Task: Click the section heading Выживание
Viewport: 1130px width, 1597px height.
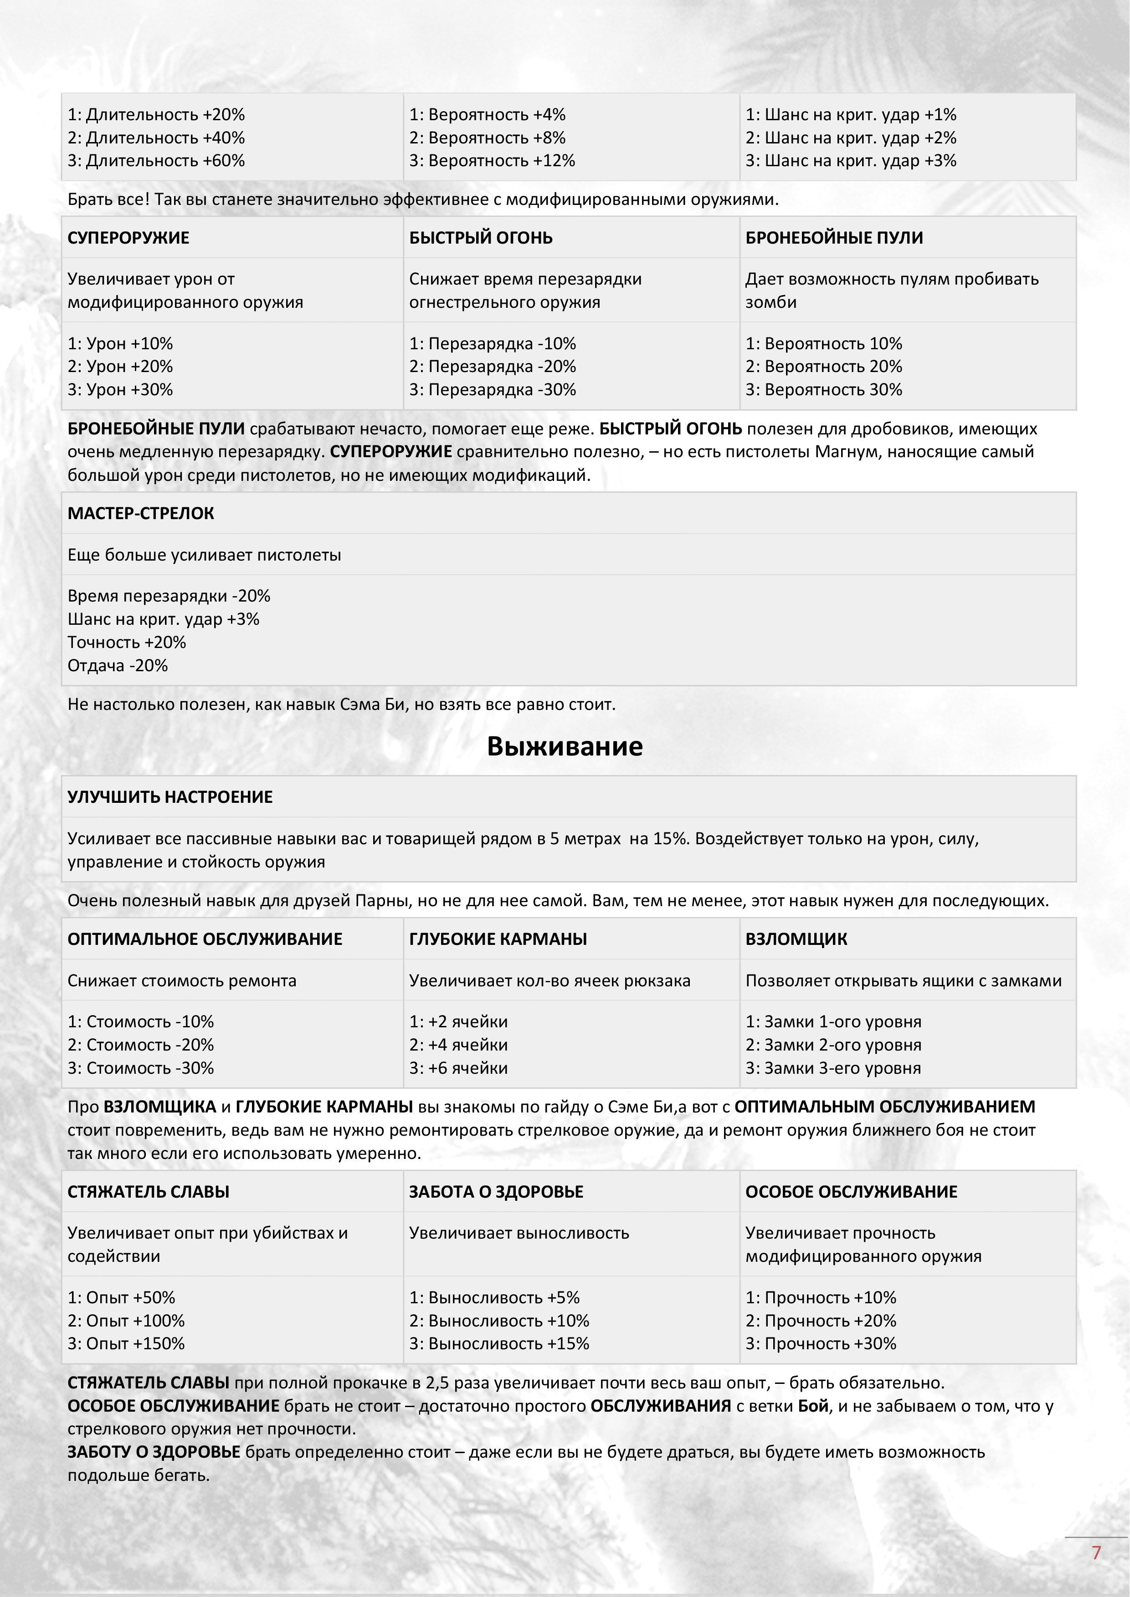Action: pyautogui.click(x=564, y=746)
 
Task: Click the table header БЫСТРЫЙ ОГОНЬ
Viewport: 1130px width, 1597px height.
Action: pyautogui.click(x=481, y=238)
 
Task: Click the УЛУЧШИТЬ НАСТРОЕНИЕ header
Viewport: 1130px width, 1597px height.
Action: pyautogui.click(x=170, y=797)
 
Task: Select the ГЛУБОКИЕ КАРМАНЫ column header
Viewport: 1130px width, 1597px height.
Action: pyautogui.click(x=498, y=939)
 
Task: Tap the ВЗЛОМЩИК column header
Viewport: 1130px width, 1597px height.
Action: pyautogui.click(x=796, y=939)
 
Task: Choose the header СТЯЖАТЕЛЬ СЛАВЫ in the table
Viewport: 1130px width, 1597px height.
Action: pyautogui.click(x=148, y=1192)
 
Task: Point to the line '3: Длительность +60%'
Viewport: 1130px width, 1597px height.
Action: pyautogui.click(x=157, y=161)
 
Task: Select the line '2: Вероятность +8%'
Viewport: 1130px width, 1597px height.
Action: pyautogui.click(x=487, y=138)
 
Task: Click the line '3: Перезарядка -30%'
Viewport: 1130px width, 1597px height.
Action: pyautogui.click(x=493, y=389)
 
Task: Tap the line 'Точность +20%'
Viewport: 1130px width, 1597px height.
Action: pyautogui.click(x=127, y=642)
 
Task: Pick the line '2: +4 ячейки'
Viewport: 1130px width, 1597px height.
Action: pyautogui.click(x=458, y=1045)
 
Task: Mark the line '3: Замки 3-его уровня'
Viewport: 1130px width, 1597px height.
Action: pyautogui.click(x=833, y=1068)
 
